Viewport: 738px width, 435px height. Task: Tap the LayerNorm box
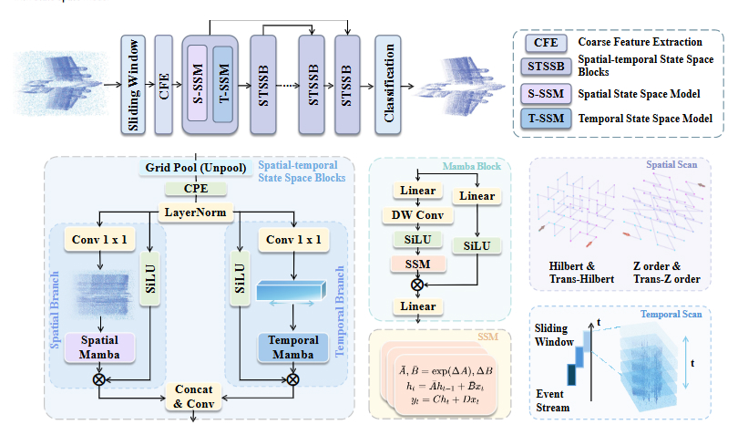[195, 212]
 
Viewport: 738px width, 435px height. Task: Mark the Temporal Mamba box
[293, 347]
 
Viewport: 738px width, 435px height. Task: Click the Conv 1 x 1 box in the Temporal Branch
[293, 240]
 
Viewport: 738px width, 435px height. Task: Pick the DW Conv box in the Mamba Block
[417, 216]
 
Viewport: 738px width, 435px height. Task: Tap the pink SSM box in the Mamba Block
[417, 263]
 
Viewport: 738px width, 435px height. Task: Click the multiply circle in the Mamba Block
[417, 285]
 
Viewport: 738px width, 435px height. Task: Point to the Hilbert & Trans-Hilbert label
[580, 272]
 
